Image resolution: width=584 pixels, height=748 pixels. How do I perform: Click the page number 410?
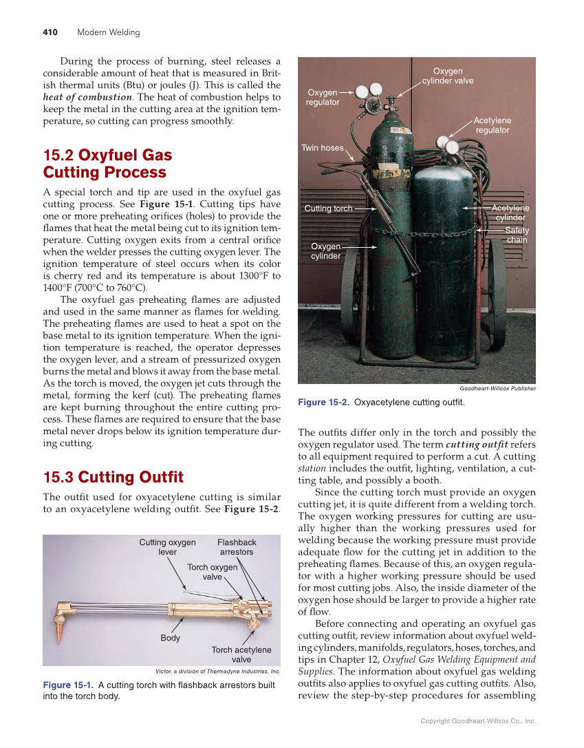click(x=50, y=32)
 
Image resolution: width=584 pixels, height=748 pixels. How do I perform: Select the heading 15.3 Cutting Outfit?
click(x=113, y=477)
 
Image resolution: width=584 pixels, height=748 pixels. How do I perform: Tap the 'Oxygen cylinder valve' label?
click(x=448, y=76)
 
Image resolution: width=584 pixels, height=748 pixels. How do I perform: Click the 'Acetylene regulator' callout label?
click(x=493, y=125)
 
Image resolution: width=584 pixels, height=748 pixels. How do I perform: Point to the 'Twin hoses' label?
click(x=322, y=148)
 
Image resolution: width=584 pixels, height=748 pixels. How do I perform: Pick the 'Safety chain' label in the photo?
click(x=517, y=235)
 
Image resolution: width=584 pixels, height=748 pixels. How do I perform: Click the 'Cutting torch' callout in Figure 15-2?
click(x=328, y=209)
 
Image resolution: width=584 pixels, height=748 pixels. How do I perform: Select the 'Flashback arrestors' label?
click(x=237, y=547)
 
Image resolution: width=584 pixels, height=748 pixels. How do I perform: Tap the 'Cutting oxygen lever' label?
click(x=167, y=547)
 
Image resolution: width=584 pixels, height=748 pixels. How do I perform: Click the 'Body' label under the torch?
click(x=171, y=638)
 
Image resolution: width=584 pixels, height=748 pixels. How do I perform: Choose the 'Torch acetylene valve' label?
click(x=241, y=654)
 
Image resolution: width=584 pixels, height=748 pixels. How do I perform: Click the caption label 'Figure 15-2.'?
click(x=323, y=403)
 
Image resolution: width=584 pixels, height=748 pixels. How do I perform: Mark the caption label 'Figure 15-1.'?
click(x=68, y=685)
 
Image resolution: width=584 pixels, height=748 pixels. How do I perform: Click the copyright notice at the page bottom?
click(x=477, y=721)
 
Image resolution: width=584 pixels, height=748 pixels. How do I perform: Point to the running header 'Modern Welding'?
click(x=108, y=32)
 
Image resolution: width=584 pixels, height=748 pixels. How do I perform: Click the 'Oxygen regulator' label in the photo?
click(x=323, y=97)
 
